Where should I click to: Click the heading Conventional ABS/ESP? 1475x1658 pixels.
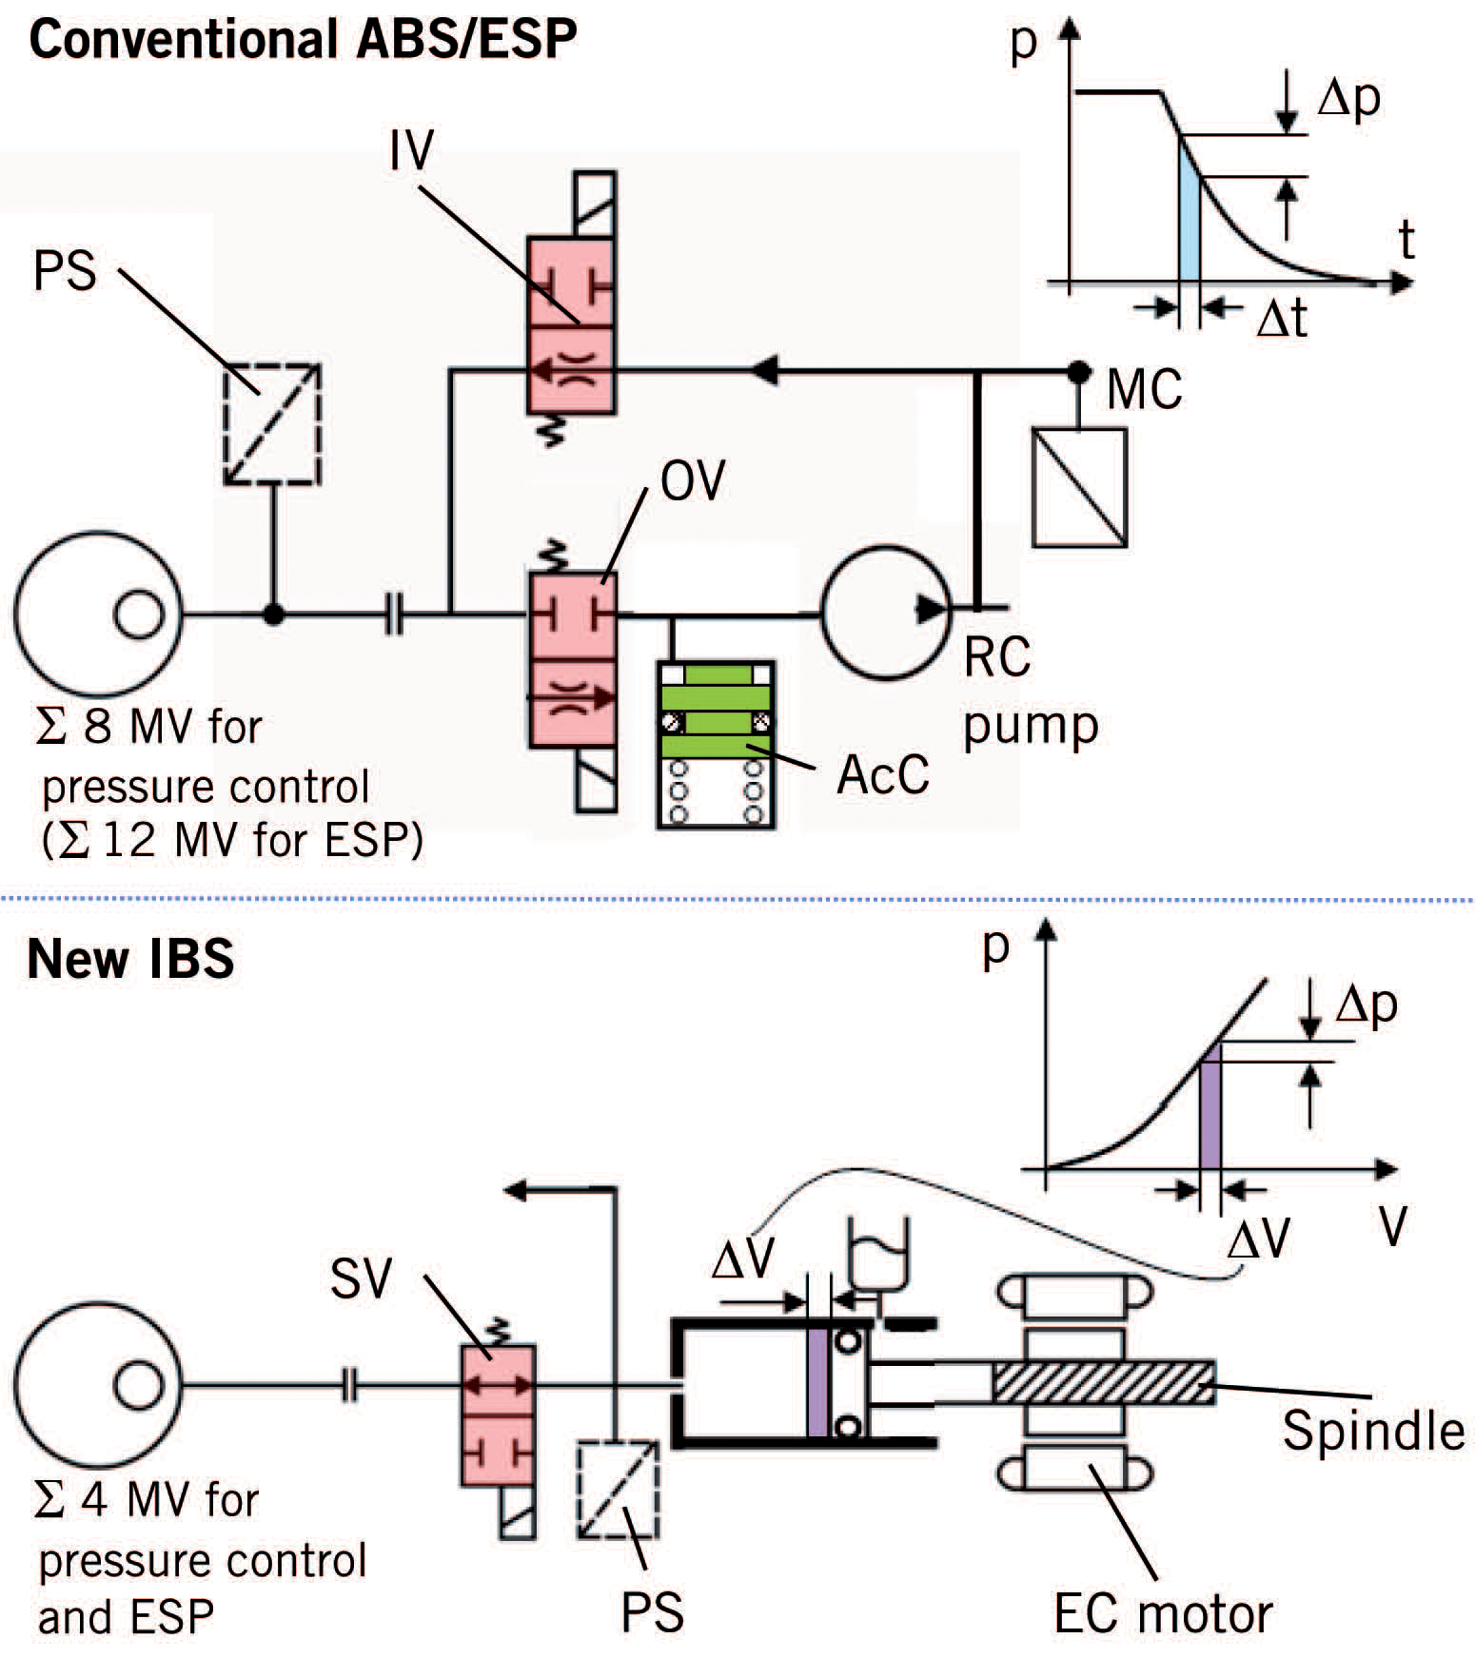click(303, 40)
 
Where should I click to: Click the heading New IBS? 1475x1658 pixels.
click(130, 959)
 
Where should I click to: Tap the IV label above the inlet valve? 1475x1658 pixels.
click(412, 149)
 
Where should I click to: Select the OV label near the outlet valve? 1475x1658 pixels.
click(693, 480)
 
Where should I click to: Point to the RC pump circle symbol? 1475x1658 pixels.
click(885, 612)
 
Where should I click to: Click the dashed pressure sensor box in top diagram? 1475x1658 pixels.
click(271, 424)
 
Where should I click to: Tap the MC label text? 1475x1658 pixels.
click(1145, 389)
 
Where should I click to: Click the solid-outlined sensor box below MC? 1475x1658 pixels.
click(1079, 488)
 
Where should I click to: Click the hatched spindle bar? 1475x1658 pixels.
click(1102, 1382)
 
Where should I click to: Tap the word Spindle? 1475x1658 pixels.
click(1372, 1430)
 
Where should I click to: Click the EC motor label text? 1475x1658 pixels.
click(1162, 1613)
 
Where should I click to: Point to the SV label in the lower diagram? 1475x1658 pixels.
click(361, 1278)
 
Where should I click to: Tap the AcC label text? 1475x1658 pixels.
click(882, 775)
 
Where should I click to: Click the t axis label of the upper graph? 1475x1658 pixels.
click(1406, 240)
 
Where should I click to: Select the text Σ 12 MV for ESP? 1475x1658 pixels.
click(232, 841)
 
